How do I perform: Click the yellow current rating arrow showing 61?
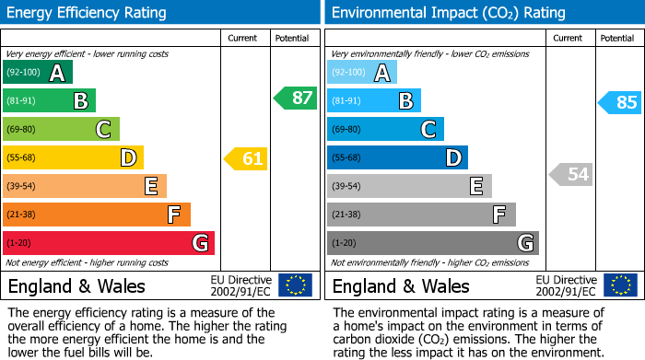[246, 159]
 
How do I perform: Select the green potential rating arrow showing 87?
[295, 99]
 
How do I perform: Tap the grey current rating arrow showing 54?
[571, 174]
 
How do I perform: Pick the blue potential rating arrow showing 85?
[619, 102]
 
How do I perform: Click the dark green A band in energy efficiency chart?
[38, 73]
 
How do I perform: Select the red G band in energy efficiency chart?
[109, 243]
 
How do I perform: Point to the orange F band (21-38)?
[97, 215]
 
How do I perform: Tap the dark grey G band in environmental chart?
[432, 243]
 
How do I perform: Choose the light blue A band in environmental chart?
[362, 73]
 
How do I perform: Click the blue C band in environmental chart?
[385, 129]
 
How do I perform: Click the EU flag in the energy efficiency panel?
[295, 285]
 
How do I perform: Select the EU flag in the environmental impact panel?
[621, 285]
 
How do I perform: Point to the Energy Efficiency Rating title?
[88, 13]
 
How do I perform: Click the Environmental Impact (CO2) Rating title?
[448, 13]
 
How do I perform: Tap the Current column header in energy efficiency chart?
[242, 38]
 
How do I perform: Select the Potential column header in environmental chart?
[616, 38]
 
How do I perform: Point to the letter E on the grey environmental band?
[475, 187]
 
